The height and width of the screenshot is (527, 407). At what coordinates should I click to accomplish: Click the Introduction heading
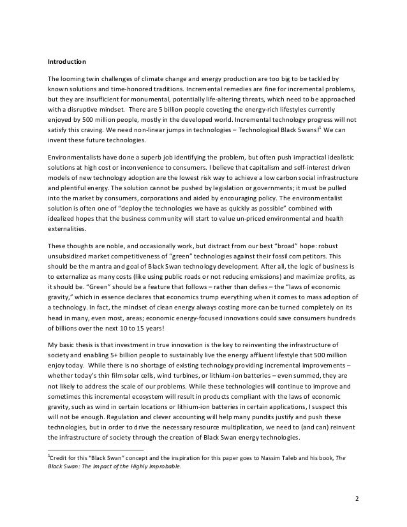[x=67, y=62]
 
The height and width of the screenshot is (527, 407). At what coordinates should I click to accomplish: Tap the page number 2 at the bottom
[x=358, y=498]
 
